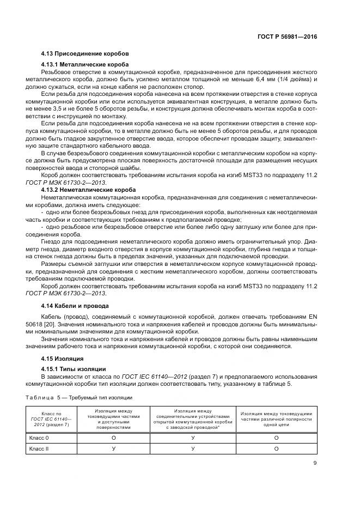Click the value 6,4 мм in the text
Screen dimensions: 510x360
point(264,79)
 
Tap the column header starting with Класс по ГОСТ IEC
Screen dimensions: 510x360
point(47,419)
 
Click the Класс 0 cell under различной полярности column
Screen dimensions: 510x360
point(276,437)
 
